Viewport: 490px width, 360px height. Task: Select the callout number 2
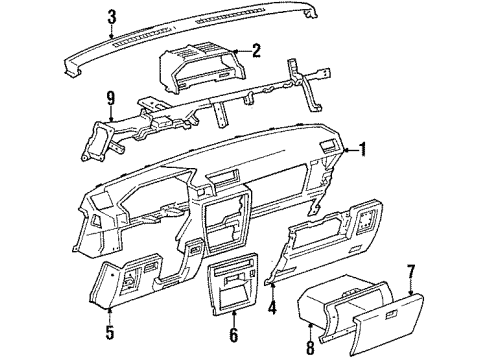coord(256,50)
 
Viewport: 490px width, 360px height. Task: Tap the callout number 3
coord(113,16)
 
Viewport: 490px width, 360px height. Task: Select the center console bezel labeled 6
coord(232,290)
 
